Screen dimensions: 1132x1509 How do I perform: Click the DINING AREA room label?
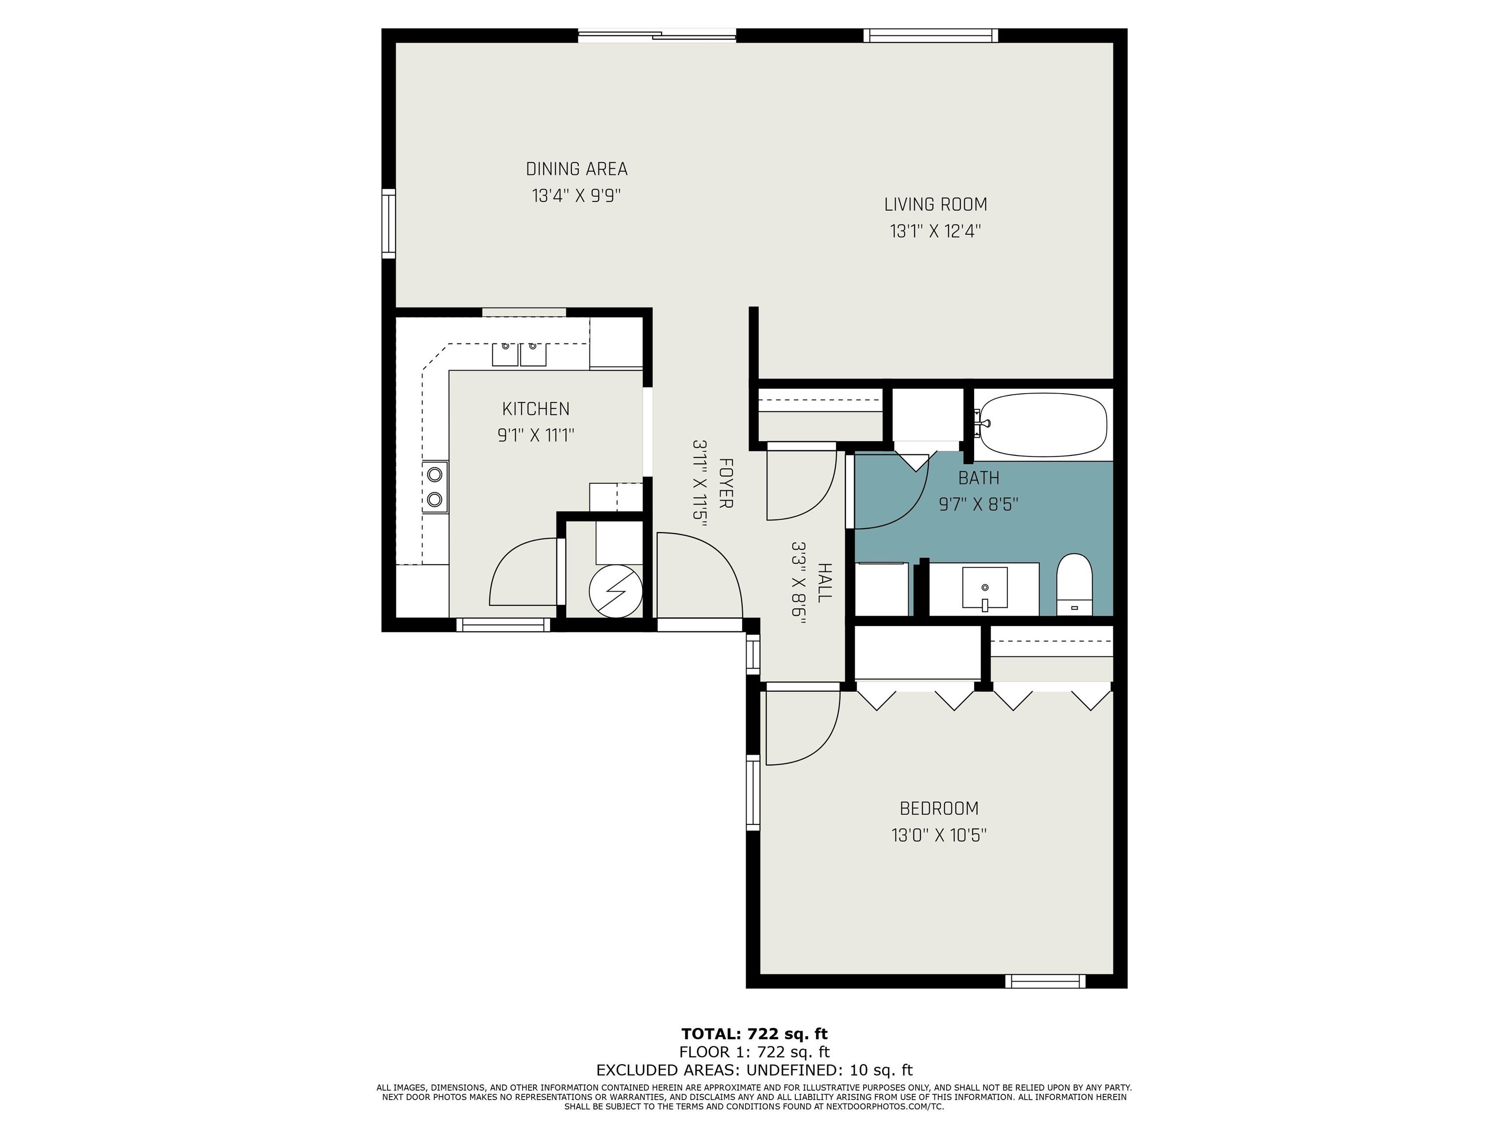point(577,169)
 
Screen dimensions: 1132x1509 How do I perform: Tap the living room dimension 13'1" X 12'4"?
point(935,231)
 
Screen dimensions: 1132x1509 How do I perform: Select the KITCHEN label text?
point(535,409)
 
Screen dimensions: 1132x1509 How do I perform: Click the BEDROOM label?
point(939,809)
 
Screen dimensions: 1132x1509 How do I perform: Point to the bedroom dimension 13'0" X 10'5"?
point(939,835)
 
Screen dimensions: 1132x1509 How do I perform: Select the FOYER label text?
point(726,483)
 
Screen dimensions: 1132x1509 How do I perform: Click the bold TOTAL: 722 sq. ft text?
point(754,1034)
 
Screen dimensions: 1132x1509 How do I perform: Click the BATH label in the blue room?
point(978,477)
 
